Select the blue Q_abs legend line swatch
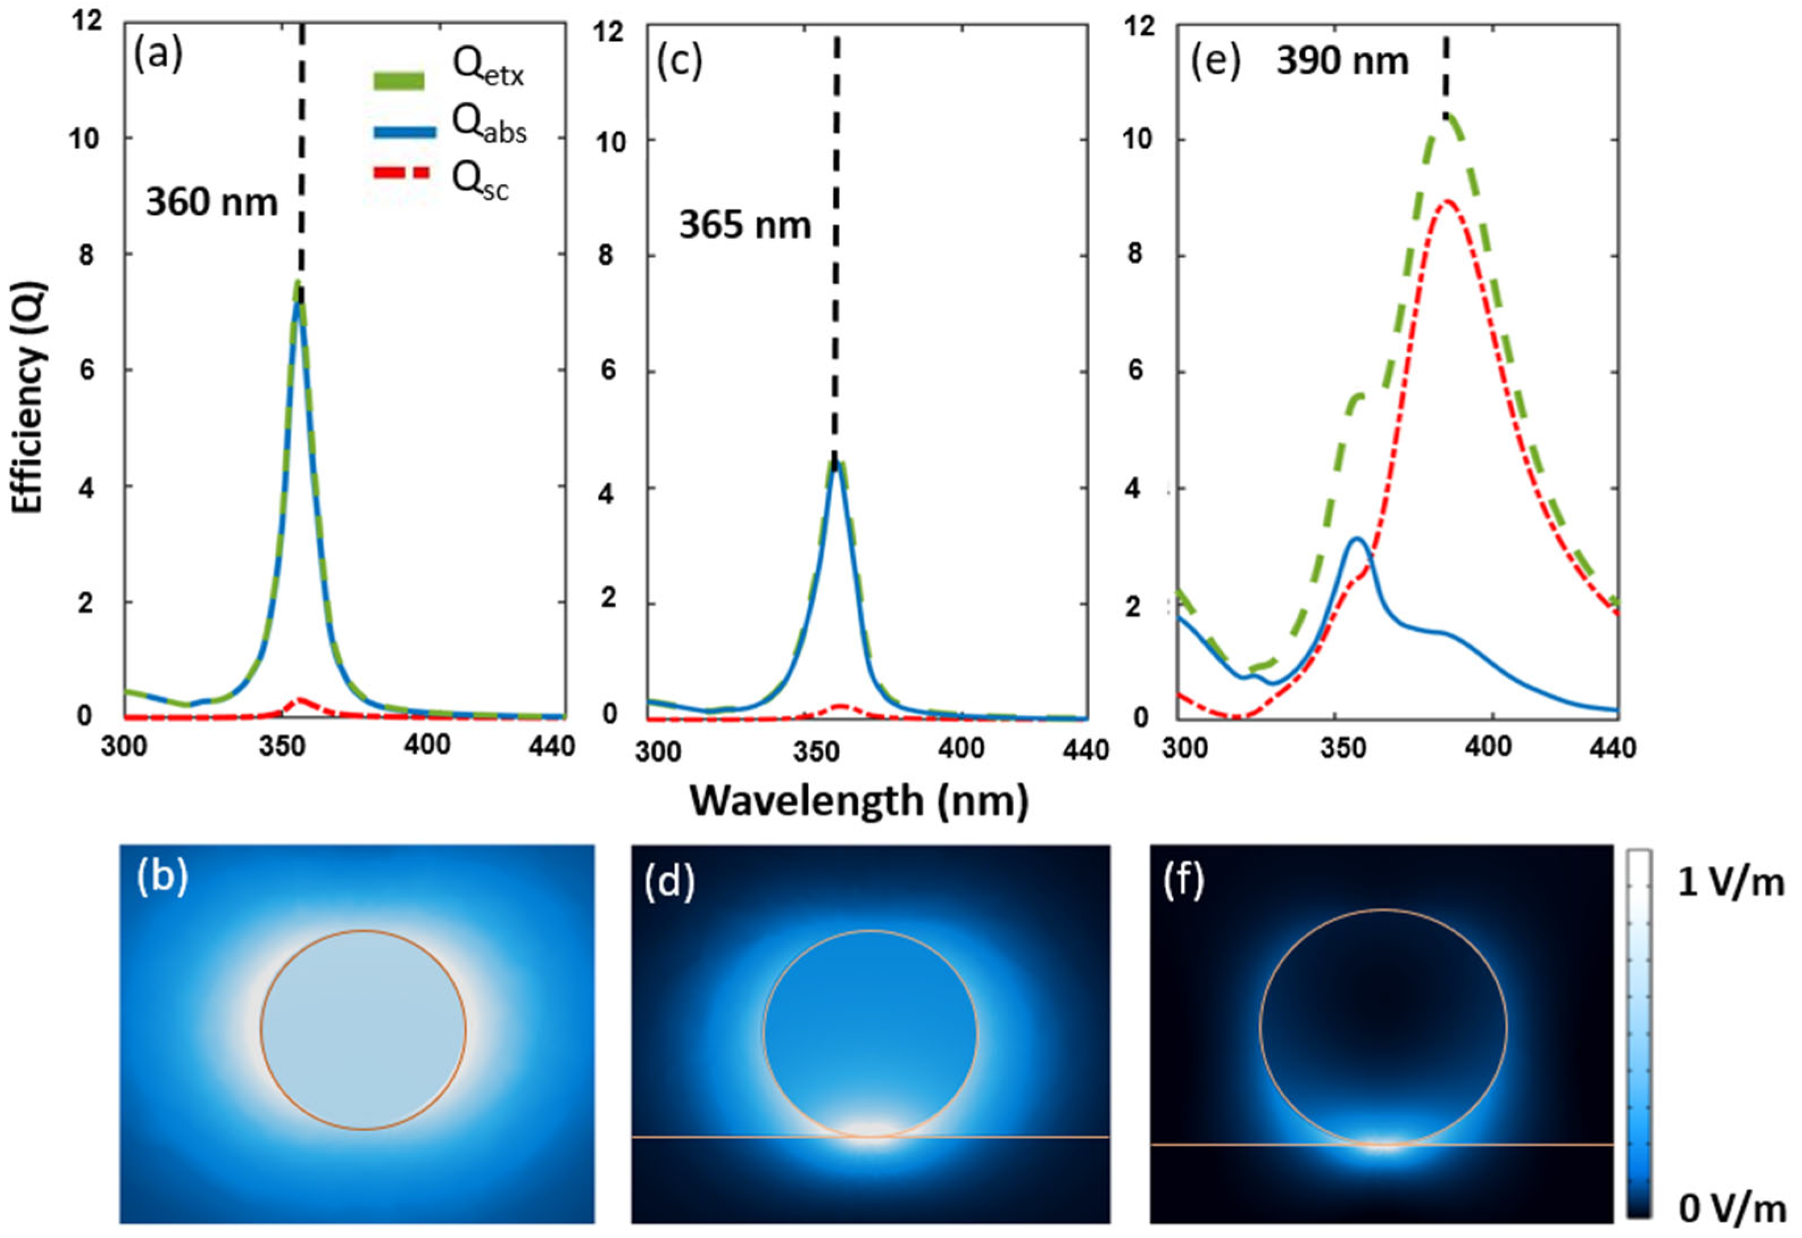pyautogui.click(x=404, y=132)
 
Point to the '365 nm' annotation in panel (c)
pyautogui.click(x=744, y=226)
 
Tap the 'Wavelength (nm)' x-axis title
pyautogui.click(x=859, y=800)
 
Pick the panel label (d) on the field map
pyautogui.click(x=669, y=882)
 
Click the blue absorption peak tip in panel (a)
pyautogui.click(x=297, y=304)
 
